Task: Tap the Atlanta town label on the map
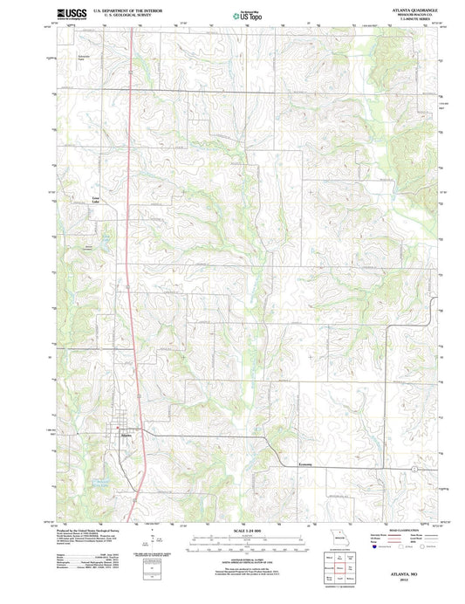[127, 433]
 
